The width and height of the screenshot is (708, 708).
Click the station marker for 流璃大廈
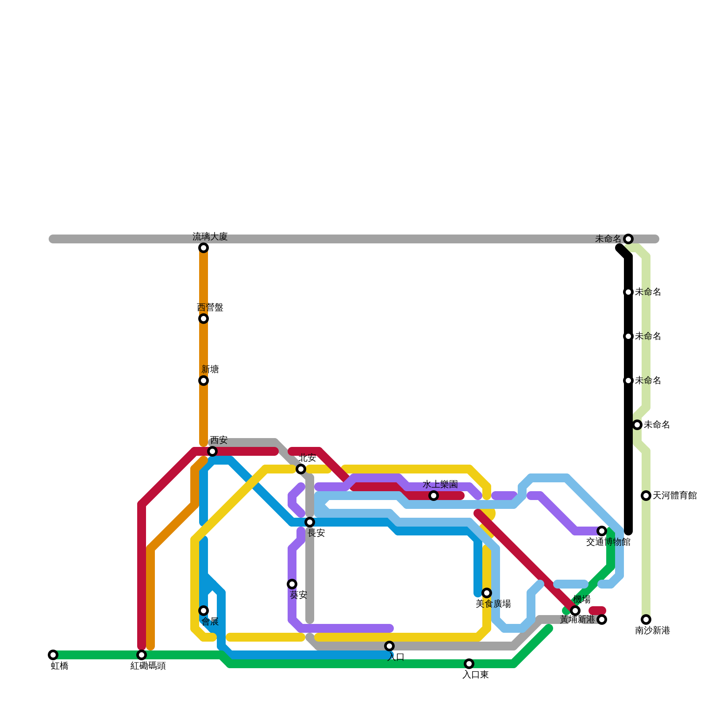pyautogui.click(x=204, y=248)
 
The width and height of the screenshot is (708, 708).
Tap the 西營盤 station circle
pyautogui.click(x=204, y=319)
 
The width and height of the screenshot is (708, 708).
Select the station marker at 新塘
pyautogui.click(x=204, y=381)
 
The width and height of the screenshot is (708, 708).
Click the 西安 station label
pyautogui.click(x=219, y=440)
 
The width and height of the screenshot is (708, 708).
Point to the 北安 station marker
pyautogui.click(x=301, y=469)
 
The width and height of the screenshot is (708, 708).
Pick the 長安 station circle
pyautogui.click(x=310, y=522)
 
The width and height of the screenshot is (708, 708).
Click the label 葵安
pyautogui.click(x=298, y=595)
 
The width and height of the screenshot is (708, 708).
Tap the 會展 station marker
pyautogui.click(x=204, y=611)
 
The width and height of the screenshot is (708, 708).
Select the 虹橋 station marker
pyautogui.click(x=53, y=655)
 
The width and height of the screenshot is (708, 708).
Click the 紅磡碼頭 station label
pyautogui.click(x=148, y=666)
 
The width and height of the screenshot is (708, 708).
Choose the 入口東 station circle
pyautogui.click(x=469, y=664)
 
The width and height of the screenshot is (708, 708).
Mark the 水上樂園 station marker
pyautogui.click(x=434, y=496)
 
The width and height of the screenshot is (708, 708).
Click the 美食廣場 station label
pyautogui.click(x=493, y=604)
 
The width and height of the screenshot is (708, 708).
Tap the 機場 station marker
pyautogui.click(x=575, y=611)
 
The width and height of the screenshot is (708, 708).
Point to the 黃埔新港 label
pyautogui.click(x=577, y=619)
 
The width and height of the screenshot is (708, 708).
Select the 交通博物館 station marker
pyautogui.click(x=602, y=531)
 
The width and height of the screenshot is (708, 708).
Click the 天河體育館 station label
pyautogui.click(x=674, y=496)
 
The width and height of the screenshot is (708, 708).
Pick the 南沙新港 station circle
pyautogui.click(x=646, y=619)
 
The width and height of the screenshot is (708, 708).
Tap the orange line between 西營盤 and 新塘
pyautogui.click(x=204, y=350)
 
